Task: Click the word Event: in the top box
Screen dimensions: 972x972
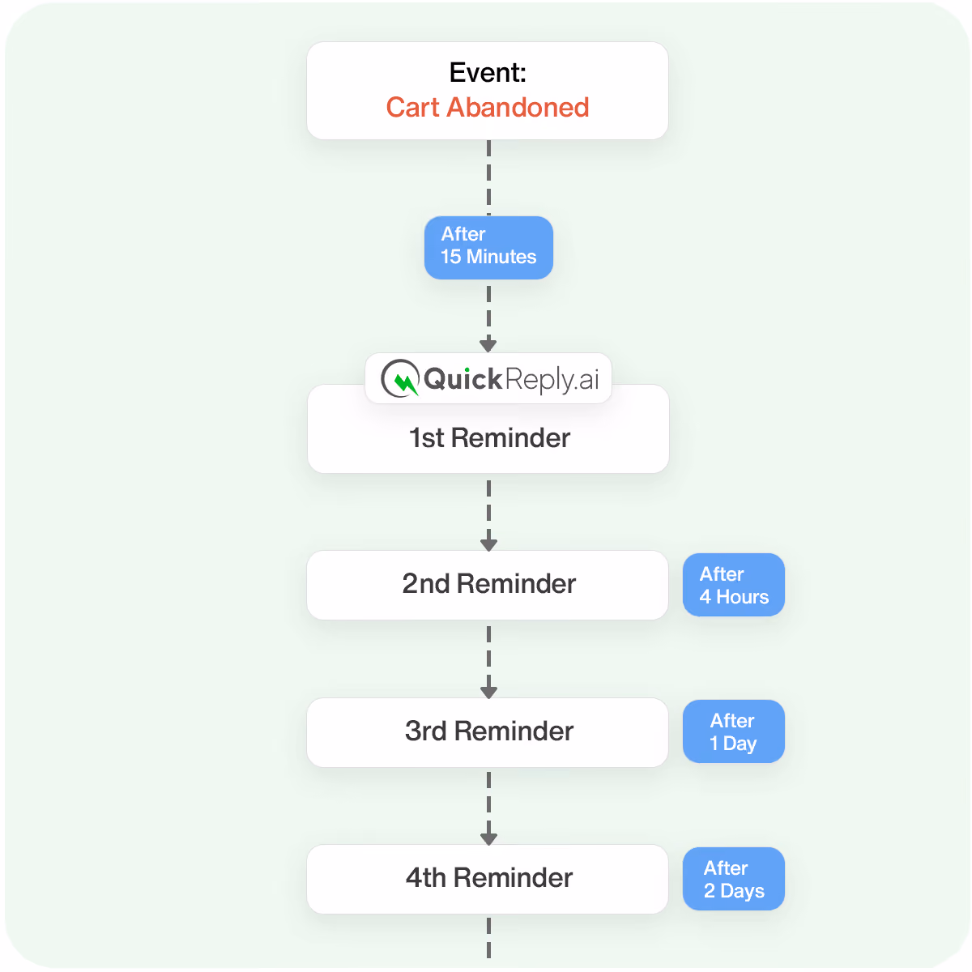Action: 488,72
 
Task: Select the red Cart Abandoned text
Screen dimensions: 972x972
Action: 488,107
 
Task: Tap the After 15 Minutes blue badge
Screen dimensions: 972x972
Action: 488,247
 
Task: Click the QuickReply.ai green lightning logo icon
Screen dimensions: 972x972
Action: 400,377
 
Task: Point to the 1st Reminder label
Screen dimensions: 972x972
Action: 488,437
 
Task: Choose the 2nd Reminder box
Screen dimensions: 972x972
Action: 487,584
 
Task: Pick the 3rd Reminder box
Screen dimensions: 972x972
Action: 487,731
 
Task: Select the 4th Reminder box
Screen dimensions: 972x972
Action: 487,878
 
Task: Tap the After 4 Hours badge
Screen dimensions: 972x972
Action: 733,584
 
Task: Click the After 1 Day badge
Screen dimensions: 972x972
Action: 733,731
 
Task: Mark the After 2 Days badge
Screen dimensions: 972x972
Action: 733,878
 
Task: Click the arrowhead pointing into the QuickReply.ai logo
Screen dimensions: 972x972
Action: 488,346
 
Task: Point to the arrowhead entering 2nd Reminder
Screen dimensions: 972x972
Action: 488,544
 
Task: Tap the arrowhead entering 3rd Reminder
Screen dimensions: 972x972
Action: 488,692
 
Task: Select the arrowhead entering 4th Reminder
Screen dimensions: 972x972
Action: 488,838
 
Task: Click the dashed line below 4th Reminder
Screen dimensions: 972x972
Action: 488,936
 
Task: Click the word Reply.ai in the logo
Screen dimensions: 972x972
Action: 552,379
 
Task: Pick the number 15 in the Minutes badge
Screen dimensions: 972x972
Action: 450,256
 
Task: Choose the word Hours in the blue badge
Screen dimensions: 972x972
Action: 742,597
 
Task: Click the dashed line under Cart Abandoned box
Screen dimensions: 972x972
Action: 488,177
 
